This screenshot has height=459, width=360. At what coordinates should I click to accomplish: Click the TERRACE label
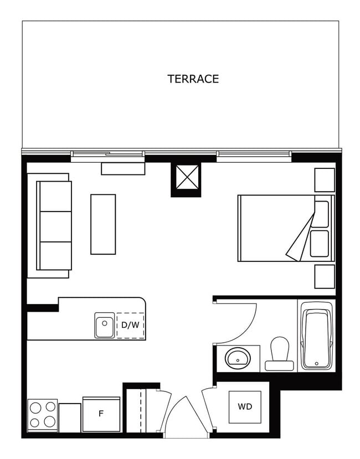tap(193, 79)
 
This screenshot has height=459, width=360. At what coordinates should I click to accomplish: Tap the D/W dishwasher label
tap(130, 325)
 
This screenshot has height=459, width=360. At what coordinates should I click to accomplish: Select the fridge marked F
tap(101, 414)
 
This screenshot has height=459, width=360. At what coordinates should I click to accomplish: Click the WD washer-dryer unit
tap(245, 407)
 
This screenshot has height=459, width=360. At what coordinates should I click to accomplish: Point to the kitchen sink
tap(104, 325)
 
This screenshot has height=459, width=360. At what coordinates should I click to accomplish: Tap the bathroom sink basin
tap(239, 358)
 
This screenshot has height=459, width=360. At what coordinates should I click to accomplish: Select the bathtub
tap(316, 336)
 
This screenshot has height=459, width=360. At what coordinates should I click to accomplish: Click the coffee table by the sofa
tap(103, 224)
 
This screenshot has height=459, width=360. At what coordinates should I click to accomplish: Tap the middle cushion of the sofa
tap(55, 226)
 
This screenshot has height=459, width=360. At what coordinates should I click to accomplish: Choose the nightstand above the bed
tap(325, 179)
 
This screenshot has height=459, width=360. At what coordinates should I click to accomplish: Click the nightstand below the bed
tap(325, 276)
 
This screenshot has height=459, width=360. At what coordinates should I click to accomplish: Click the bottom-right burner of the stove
tap(49, 422)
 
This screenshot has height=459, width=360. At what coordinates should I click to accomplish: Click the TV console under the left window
tap(122, 168)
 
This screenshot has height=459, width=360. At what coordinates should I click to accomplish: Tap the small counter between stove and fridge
tap(70, 417)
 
